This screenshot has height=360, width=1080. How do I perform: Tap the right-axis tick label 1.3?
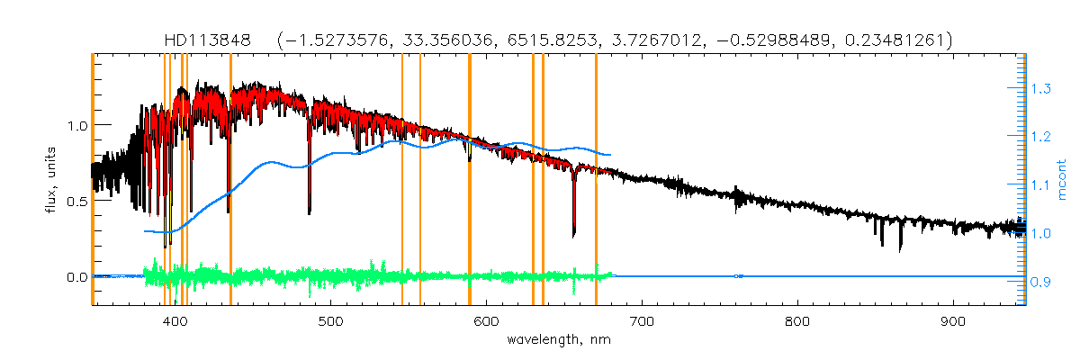point(1040,88)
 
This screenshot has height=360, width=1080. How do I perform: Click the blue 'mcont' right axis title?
point(1063,180)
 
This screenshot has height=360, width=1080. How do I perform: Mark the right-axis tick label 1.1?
point(1040,185)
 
